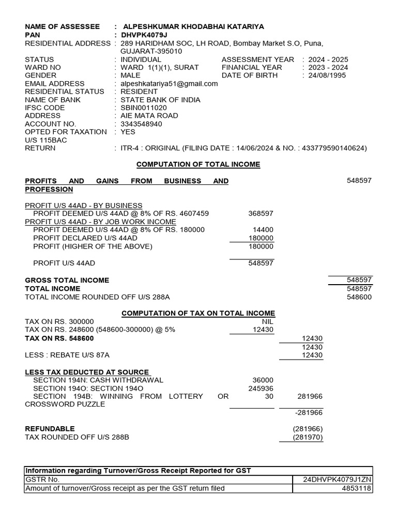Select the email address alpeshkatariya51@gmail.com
pyautogui.click(x=169, y=84)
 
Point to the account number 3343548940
pyautogui.click(x=141, y=124)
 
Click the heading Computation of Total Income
pyautogui.click(x=198, y=164)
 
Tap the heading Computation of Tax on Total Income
pyautogui.click(x=198, y=314)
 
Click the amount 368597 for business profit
pyautogui.click(x=261, y=213)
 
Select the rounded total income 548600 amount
pyautogui.click(x=359, y=297)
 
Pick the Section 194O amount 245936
pyautogui.click(x=261, y=388)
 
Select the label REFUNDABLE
pyautogui.click(x=50, y=429)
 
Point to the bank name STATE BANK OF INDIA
pyautogui.click(x=160, y=100)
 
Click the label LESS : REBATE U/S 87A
pyautogui.click(x=67, y=355)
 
